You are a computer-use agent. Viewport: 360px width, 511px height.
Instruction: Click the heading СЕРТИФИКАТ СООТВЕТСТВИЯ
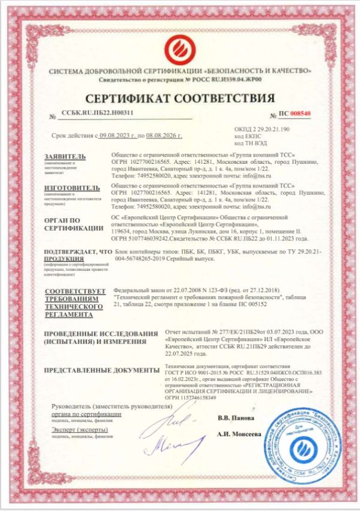tap(180, 98)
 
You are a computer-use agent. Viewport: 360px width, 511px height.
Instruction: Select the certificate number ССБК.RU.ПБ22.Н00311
tap(97, 112)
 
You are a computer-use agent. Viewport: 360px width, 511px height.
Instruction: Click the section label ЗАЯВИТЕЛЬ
tap(65, 156)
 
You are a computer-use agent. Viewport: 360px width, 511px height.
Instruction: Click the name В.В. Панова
tap(236, 417)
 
